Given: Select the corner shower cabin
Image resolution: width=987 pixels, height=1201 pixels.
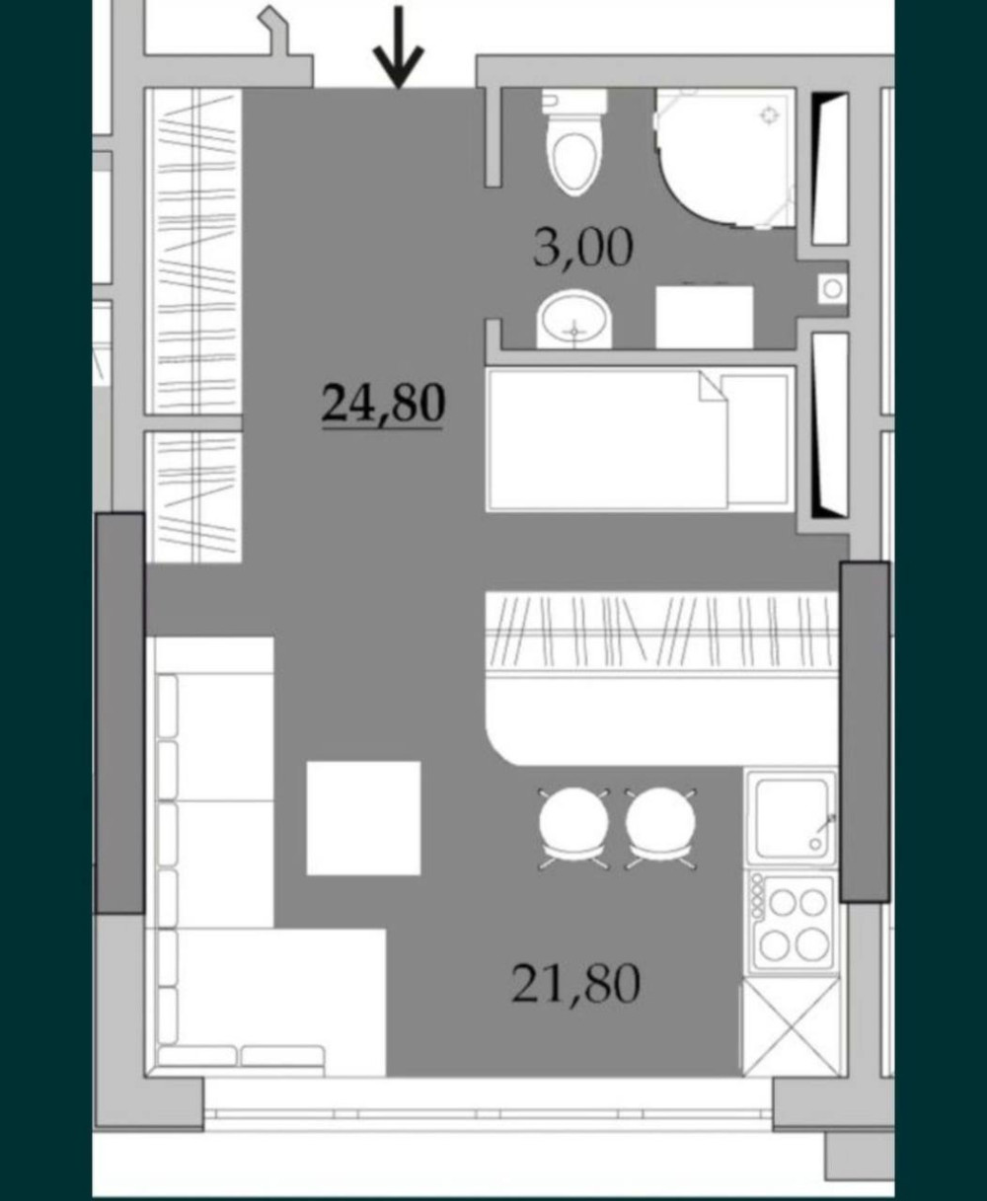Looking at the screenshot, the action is click(x=725, y=158).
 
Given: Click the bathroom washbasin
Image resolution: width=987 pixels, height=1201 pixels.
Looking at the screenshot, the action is click(x=573, y=320).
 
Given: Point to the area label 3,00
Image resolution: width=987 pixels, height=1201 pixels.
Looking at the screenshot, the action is click(x=582, y=247).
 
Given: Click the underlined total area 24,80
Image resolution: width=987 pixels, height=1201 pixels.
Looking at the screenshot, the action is click(x=383, y=404).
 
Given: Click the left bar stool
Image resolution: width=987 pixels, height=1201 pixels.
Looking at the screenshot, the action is click(x=573, y=829).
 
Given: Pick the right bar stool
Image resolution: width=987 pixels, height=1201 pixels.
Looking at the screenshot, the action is click(x=660, y=829).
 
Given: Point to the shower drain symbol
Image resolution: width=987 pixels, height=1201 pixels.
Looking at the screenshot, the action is click(x=770, y=115).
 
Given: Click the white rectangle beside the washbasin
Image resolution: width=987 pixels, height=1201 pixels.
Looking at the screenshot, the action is click(x=705, y=317).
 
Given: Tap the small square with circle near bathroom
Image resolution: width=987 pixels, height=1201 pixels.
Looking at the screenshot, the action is click(x=833, y=288).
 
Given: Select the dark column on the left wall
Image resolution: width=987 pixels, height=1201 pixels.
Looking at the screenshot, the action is click(x=119, y=713).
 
